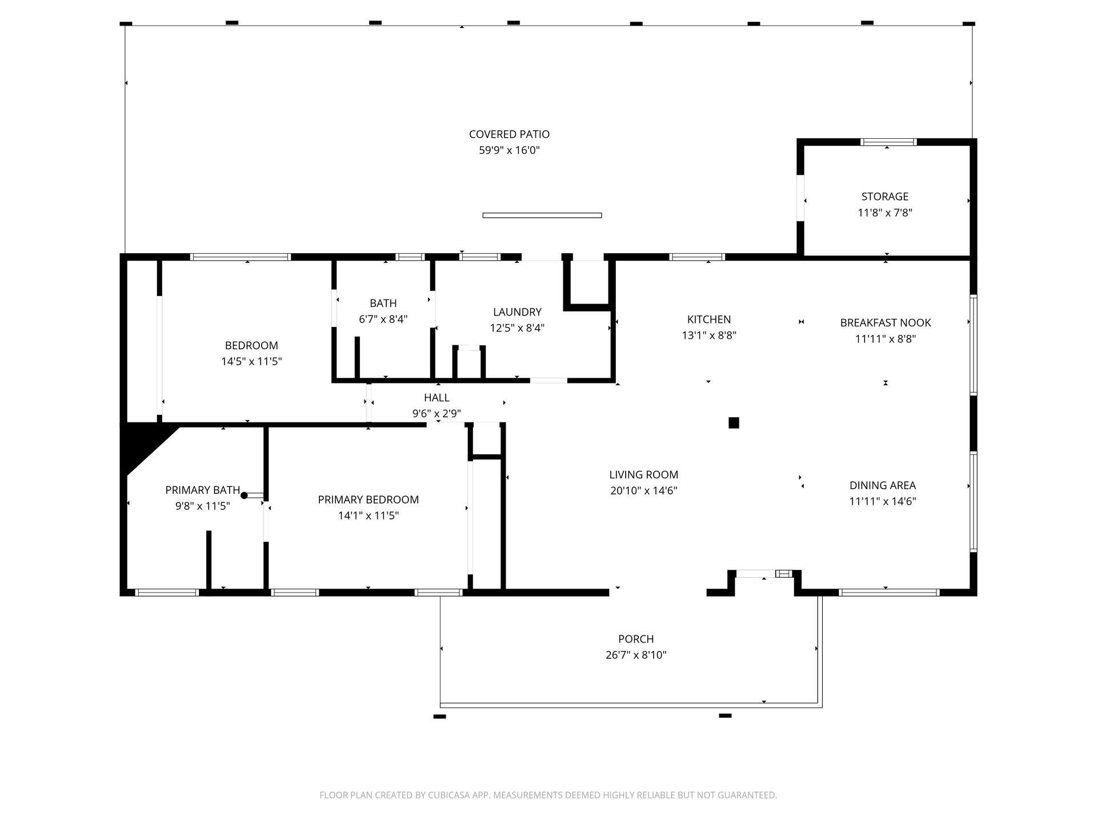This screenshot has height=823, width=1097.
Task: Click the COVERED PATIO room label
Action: click(509, 134)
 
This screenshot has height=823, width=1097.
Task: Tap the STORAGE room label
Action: click(884, 197)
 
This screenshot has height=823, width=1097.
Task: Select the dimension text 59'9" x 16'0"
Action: click(509, 150)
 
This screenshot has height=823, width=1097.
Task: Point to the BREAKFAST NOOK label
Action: click(885, 323)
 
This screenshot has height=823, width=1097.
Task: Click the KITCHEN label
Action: click(708, 319)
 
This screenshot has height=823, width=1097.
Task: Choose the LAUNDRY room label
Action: click(517, 312)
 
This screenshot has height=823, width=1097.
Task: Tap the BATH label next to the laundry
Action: click(383, 303)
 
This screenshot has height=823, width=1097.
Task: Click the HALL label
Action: click(437, 398)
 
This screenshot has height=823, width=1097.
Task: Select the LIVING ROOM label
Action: click(643, 475)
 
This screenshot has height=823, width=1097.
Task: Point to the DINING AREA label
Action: click(882, 486)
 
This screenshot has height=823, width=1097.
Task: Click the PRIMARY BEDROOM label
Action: click(368, 500)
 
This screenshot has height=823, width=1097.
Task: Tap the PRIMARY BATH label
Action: click(202, 490)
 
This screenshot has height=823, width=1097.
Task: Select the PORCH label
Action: click(635, 639)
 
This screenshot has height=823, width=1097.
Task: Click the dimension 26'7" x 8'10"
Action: click(635, 655)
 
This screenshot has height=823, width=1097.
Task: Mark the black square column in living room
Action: click(734, 423)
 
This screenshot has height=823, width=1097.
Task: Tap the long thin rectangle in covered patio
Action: click(542, 215)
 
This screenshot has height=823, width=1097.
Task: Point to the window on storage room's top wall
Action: click(888, 142)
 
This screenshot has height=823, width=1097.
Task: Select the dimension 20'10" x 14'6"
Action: click(643, 491)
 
